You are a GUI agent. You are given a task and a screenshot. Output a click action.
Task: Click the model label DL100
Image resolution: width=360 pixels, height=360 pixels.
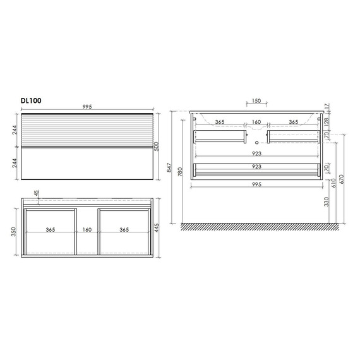coord(31,100)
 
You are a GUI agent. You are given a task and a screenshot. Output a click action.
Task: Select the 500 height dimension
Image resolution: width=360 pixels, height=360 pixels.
coord(157,147)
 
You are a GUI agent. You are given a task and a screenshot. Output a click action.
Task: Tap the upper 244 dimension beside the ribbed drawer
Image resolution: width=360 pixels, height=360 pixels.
coord(15,130)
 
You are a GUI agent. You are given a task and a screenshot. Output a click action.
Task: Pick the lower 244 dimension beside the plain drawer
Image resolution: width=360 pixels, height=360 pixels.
coord(15,163)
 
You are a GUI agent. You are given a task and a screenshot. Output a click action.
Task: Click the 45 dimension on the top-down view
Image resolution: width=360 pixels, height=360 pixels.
coord(37,193)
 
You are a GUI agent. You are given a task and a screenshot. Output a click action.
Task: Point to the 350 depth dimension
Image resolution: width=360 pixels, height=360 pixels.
coord(13,232)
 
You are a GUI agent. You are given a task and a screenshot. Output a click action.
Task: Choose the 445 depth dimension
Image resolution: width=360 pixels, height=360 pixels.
coord(157,228)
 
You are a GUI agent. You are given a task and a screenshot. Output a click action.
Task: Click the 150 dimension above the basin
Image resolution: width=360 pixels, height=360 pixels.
coord(256,101)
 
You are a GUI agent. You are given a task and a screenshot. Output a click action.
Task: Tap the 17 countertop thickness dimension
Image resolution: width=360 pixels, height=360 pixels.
coord(327,106)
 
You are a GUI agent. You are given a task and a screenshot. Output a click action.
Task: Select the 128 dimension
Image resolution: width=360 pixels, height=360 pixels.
coord(327,121)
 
